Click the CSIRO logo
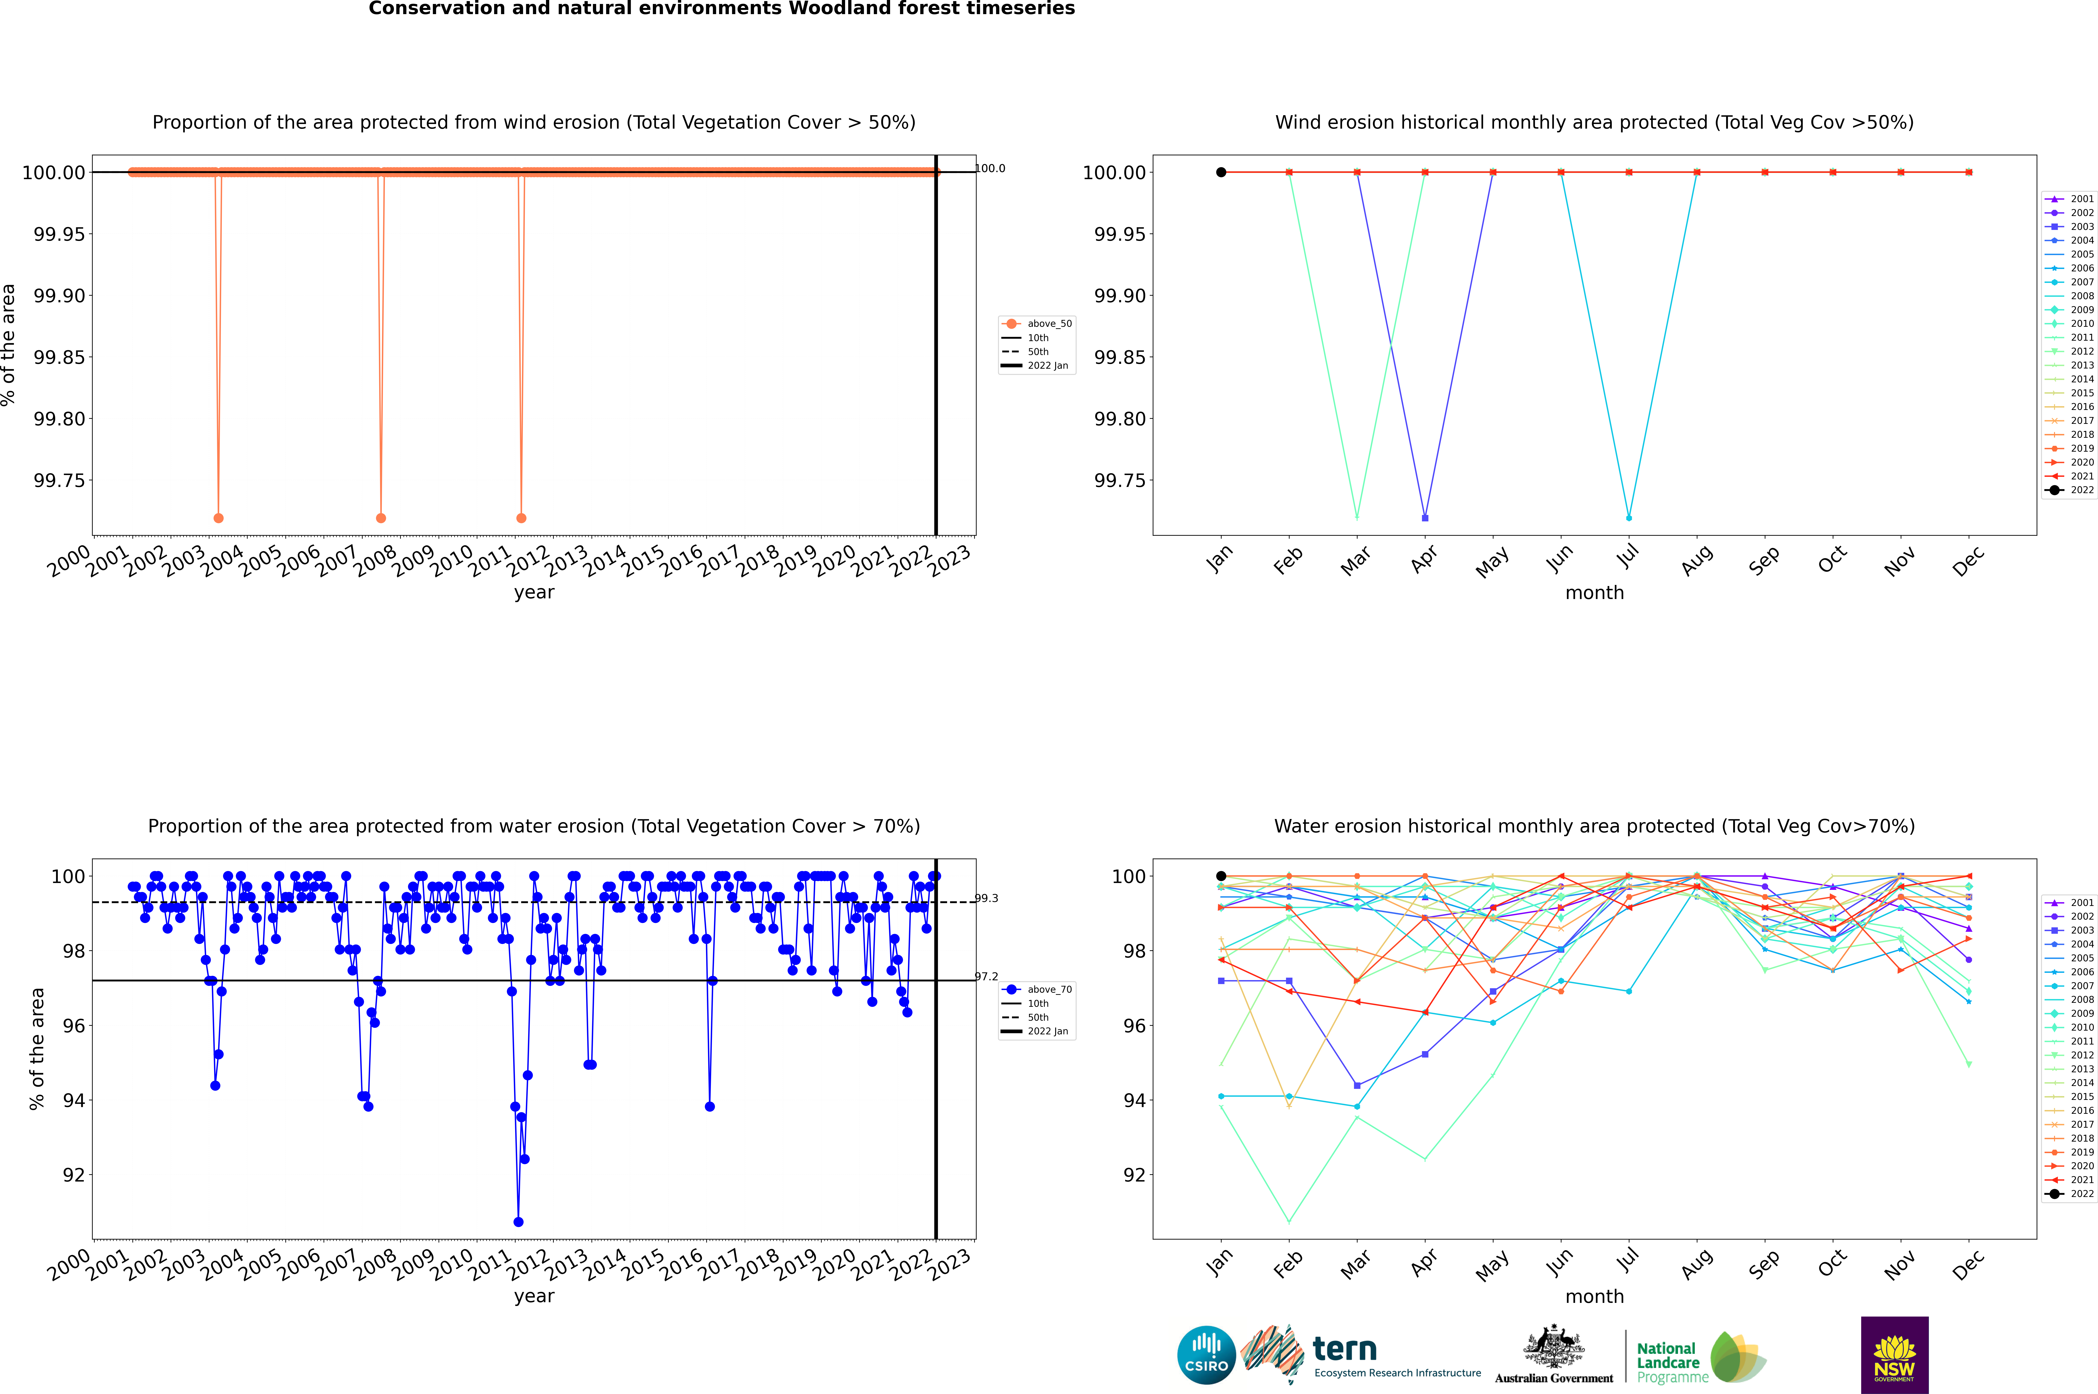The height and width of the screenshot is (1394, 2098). pyautogui.click(x=1206, y=1355)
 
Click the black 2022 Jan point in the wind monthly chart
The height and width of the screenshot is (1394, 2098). pyautogui.click(x=1221, y=173)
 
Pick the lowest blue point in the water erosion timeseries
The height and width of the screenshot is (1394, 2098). pyautogui.click(x=518, y=1221)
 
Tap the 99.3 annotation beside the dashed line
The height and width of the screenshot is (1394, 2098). pyautogui.click(x=986, y=898)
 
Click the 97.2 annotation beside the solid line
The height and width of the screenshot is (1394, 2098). pyautogui.click(x=986, y=976)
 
